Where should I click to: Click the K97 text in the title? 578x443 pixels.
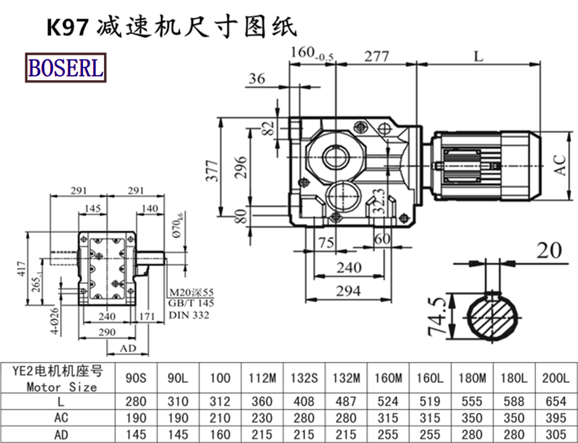(x=67, y=27)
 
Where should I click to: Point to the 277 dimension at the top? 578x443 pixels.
(x=376, y=56)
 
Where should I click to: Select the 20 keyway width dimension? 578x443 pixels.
(x=549, y=250)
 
